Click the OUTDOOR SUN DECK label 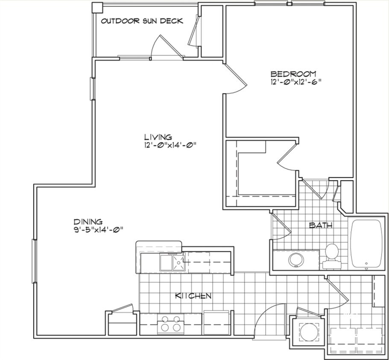[x=142, y=21]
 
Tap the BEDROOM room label [x=293, y=74]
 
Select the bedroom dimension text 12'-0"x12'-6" [x=296, y=82]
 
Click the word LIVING [x=158, y=137]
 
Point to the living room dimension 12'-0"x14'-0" [x=170, y=145]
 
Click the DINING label [x=88, y=221]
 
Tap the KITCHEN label [x=193, y=296]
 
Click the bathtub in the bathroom [x=366, y=244]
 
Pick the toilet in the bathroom [x=332, y=256]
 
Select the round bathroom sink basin [x=296, y=260]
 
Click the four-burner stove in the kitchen [x=171, y=323]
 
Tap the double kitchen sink [x=173, y=263]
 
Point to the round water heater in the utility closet [x=309, y=332]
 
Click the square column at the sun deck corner [x=97, y=8]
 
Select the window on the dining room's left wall [x=34, y=261]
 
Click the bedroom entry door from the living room [x=235, y=79]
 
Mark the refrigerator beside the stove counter [x=216, y=322]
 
